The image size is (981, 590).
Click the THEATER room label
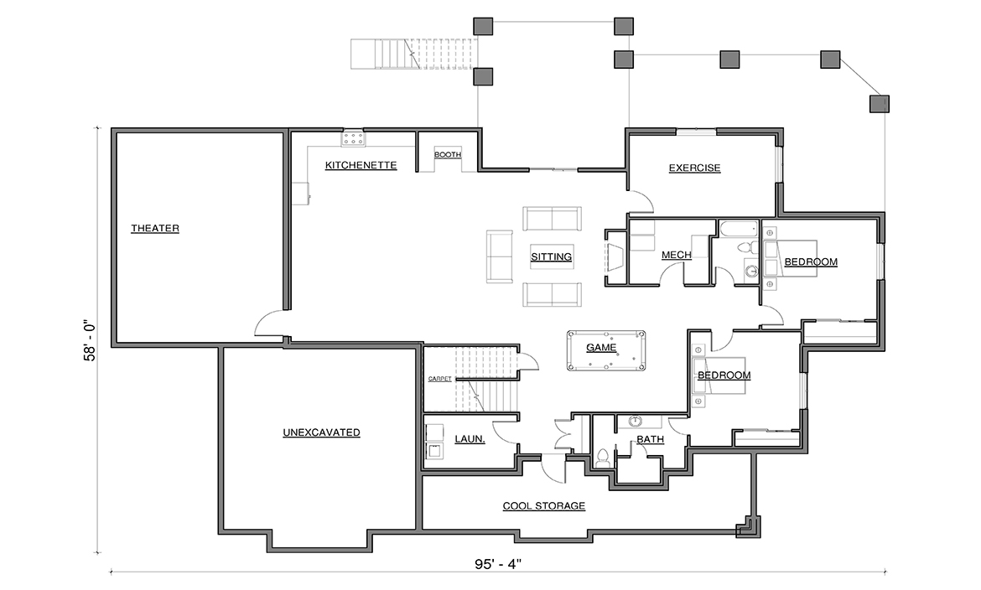click(155, 228)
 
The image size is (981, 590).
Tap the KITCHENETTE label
click(361, 165)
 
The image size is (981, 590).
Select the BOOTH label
click(448, 154)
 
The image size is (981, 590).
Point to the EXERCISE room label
click(694, 168)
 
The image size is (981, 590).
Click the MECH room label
click(677, 255)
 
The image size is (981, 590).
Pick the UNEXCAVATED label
click(322, 432)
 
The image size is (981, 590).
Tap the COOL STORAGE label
click(544, 505)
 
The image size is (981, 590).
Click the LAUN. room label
click(470, 439)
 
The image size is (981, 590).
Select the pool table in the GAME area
click(606, 350)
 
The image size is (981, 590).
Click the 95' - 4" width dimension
click(498, 564)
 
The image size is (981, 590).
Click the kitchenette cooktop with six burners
click(354, 139)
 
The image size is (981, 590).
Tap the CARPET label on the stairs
click(440, 379)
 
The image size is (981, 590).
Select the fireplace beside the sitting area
click(615, 257)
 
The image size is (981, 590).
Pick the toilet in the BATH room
click(603, 458)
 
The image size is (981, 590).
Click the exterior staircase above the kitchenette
click(413, 54)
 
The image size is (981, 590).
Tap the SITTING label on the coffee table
click(551, 256)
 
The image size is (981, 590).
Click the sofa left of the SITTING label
click(500, 256)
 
